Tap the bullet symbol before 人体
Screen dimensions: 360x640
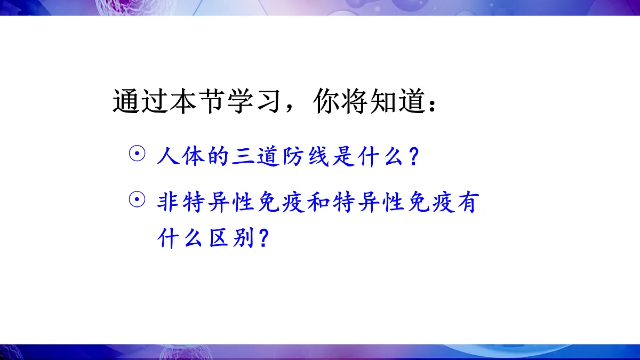pos(137,155)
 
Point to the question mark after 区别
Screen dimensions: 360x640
pos(261,238)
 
